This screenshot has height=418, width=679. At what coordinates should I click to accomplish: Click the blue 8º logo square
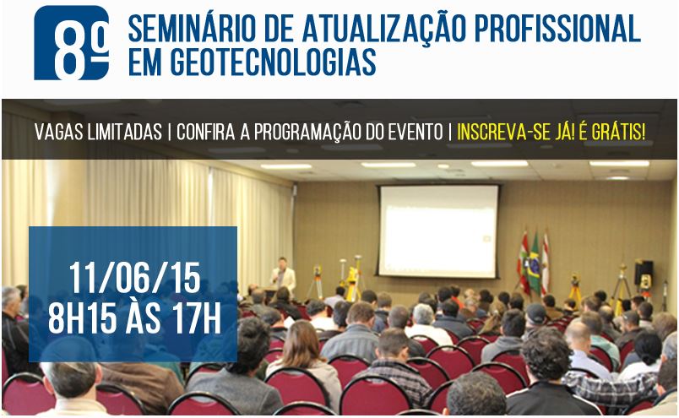(x=72, y=42)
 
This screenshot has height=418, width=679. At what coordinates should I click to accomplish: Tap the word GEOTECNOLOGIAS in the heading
(x=273, y=62)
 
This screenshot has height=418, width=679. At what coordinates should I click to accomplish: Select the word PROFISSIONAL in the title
(x=557, y=29)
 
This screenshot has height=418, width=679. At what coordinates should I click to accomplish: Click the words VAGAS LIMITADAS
(x=98, y=132)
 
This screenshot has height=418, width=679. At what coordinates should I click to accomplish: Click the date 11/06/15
(x=134, y=278)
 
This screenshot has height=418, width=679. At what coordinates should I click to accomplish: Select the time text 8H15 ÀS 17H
(x=134, y=318)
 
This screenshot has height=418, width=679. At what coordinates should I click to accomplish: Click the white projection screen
(x=438, y=231)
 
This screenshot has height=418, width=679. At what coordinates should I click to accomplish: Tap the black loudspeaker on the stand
(x=644, y=272)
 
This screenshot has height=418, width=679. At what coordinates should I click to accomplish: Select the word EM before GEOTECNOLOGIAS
(x=145, y=62)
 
